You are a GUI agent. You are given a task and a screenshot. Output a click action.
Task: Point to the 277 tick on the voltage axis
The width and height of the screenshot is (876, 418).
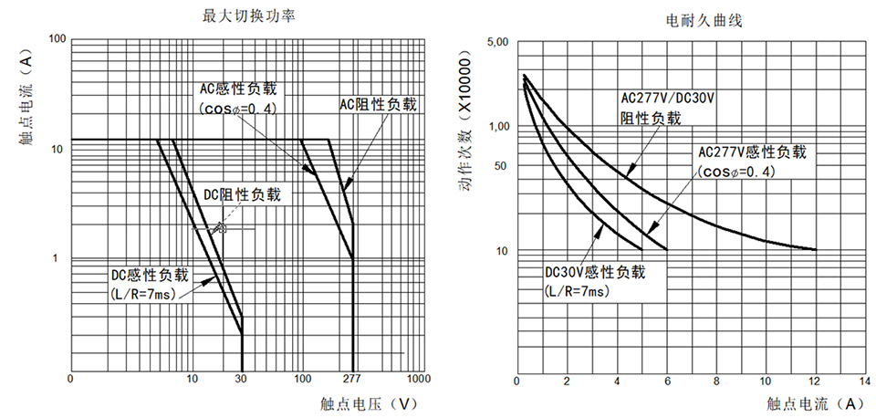coord(354,378)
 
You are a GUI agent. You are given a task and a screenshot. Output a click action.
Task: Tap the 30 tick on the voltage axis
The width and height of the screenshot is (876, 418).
coord(241,378)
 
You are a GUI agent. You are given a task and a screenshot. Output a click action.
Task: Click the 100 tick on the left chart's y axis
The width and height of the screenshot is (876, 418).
coord(57,38)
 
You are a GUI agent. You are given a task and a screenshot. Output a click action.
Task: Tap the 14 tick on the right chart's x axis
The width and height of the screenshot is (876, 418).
coord(864,381)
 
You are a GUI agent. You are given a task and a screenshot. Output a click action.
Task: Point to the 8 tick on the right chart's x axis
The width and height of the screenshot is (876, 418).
coord(716,381)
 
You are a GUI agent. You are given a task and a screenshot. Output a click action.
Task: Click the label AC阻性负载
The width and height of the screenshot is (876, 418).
coord(378,105)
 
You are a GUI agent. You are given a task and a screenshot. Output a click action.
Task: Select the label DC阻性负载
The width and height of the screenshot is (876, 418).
coord(242,193)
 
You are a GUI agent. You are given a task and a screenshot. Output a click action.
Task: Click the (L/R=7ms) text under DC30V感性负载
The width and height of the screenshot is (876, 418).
coord(575,291)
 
